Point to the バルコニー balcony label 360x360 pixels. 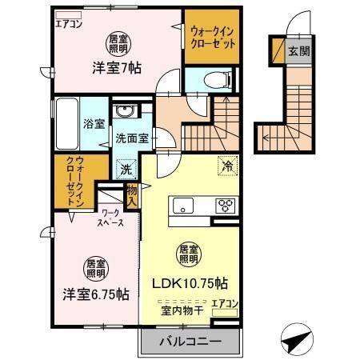click(191, 341)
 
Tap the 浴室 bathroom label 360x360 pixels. click(94, 124)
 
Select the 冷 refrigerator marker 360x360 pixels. click(228, 167)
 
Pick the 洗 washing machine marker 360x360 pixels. click(126, 170)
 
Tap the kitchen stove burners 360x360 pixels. click(226, 205)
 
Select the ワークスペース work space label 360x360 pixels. click(110, 218)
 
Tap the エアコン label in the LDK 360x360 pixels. click(226, 302)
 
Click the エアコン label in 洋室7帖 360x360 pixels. click(70, 22)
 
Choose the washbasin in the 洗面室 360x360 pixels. click(126, 111)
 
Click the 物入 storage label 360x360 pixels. click(133, 193)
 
